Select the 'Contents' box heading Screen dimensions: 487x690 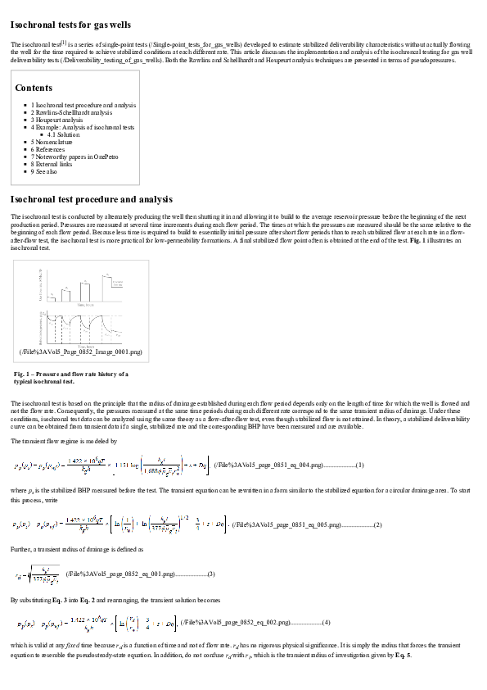pyautogui.click(x=34, y=88)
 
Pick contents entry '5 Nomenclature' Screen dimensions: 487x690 pyautogui.click(x=54, y=142)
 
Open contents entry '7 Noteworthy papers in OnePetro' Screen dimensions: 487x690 pyautogui.click(x=77, y=157)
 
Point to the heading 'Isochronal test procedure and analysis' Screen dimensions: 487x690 pyautogui.click(x=92, y=199)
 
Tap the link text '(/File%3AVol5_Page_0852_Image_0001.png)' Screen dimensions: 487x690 pyautogui.click(x=80, y=352)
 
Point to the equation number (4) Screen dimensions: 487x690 pyautogui.click(x=326, y=624)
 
